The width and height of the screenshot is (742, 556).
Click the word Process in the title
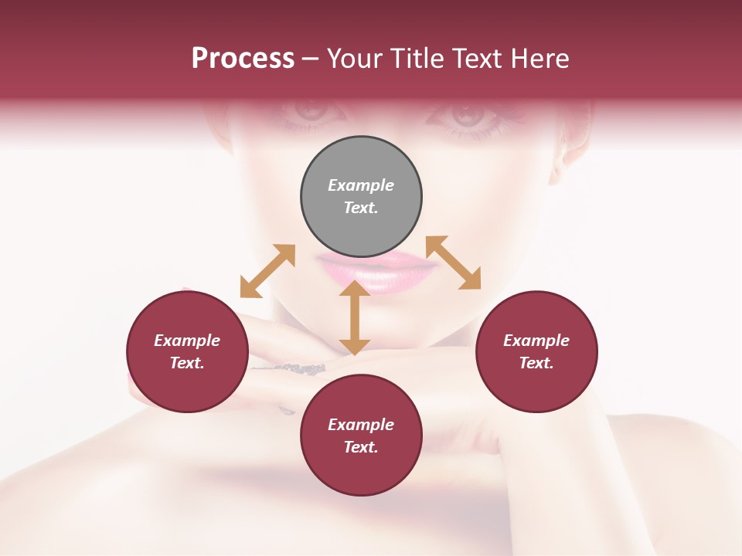(x=243, y=59)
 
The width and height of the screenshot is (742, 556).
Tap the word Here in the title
(x=540, y=59)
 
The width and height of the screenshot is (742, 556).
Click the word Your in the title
(x=353, y=59)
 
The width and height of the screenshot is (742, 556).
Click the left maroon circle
(x=187, y=351)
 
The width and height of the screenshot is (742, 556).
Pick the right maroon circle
(x=536, y=351)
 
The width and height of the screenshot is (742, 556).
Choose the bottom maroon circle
(x=361, y=436)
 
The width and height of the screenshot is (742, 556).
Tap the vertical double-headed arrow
(x=355, y=318)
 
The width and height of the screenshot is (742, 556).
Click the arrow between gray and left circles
(x=267, y=271)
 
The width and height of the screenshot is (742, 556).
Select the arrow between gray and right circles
(x=453, y=263)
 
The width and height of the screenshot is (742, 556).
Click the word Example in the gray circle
(x=361, y=185)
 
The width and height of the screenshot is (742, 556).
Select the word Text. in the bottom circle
(x=361, y=447)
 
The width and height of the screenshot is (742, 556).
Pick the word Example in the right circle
(x=536, y=341)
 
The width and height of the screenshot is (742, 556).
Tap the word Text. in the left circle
(x=187, y=363)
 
